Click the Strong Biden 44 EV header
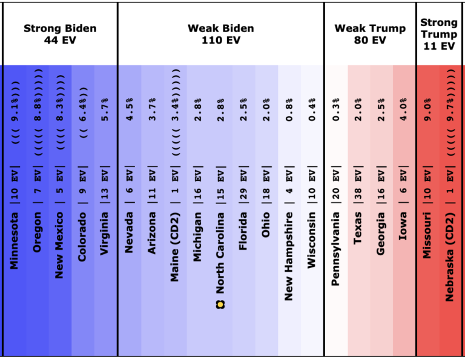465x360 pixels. (x=60, y=34)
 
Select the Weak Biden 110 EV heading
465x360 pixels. (x=220, y=34)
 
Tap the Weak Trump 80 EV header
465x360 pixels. (x=370, y=34)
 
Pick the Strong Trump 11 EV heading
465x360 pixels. (x=439, y=34)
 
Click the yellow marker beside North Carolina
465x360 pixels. (x=220, y=304)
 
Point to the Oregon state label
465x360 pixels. (x=37, y=232)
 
